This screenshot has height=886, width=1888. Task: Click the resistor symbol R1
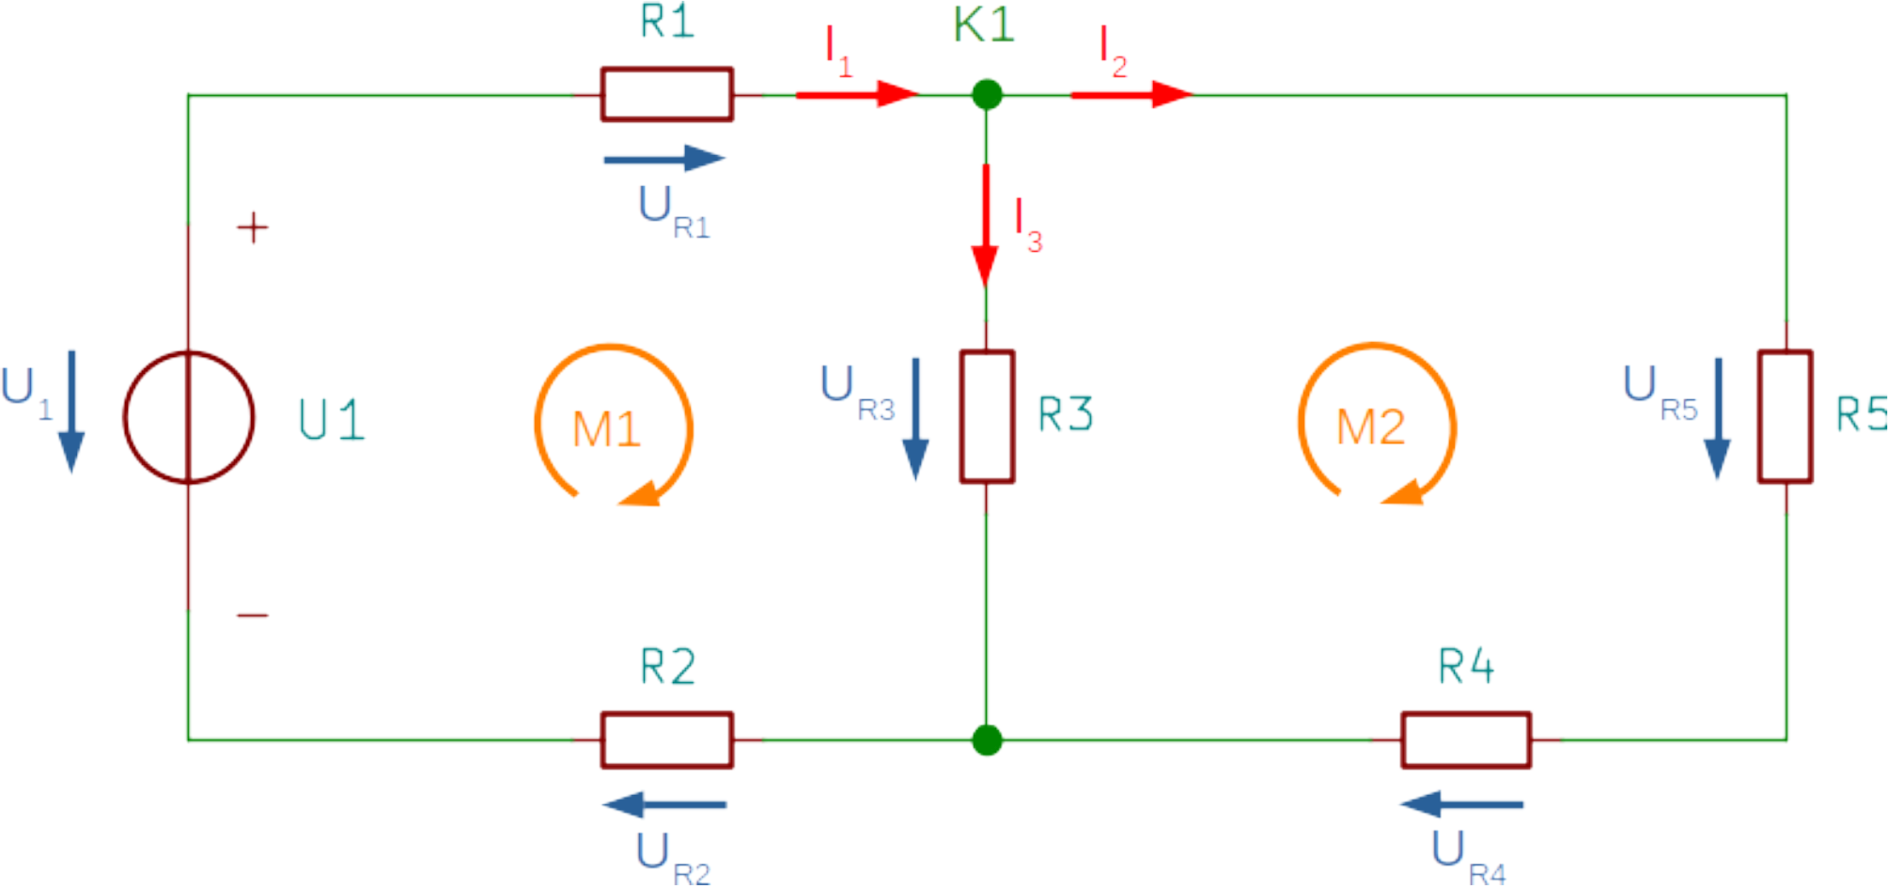[667, 94]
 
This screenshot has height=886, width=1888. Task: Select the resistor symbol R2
[667, 741]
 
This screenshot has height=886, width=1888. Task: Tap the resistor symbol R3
[987, 417]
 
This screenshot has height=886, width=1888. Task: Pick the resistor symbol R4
[1466, 741]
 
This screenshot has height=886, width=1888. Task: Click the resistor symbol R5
[1786, 417]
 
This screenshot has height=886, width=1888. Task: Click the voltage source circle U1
[189, 417]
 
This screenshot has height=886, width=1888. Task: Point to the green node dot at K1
[987, 94]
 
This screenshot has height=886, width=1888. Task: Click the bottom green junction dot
[987, 741]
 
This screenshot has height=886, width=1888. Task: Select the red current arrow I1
[855, 94]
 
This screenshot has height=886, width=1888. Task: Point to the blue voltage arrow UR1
[664, 159]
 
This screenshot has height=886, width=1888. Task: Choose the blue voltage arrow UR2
[664, 804]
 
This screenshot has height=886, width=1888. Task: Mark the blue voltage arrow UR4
[1461, 804]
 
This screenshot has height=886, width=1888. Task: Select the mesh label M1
[606, 428]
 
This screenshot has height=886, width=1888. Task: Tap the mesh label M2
[1370, 427]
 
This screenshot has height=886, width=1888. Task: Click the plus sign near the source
[252, 227]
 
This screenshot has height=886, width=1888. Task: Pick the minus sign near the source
[252, 615]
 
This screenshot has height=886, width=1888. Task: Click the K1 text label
[984, 24]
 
